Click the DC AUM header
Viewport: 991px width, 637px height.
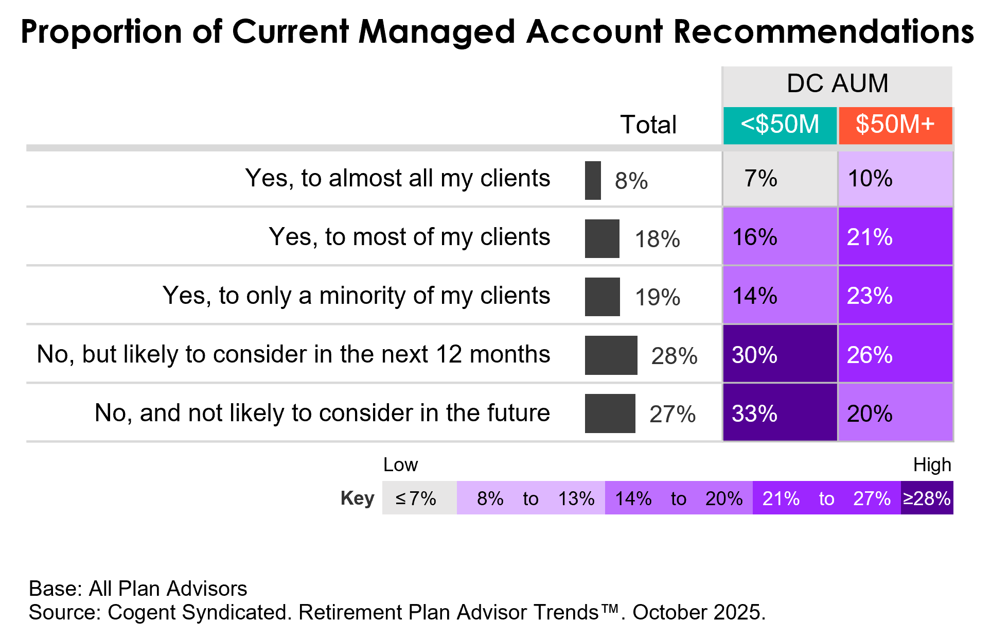838,84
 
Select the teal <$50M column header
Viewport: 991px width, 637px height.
780,125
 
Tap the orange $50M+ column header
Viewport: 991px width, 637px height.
895,125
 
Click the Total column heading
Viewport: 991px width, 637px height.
648,125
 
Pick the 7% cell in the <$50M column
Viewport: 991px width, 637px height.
780,179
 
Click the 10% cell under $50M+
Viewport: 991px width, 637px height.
895,179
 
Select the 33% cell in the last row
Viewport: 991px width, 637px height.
780,413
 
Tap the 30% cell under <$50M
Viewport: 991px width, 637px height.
780,354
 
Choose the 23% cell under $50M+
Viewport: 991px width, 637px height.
895,296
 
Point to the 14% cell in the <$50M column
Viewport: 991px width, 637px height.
780,296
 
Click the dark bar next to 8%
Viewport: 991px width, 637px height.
593,180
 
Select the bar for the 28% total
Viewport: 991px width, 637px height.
611,355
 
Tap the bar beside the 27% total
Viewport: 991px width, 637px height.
610,414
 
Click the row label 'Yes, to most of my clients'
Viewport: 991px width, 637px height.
409,237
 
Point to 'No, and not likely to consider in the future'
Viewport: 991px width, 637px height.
322,413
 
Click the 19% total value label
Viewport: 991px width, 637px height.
657,297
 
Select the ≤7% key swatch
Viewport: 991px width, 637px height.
419,498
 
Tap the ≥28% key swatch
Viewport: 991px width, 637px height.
927,498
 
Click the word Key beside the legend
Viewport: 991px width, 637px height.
357,498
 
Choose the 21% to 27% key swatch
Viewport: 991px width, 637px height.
826,498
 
